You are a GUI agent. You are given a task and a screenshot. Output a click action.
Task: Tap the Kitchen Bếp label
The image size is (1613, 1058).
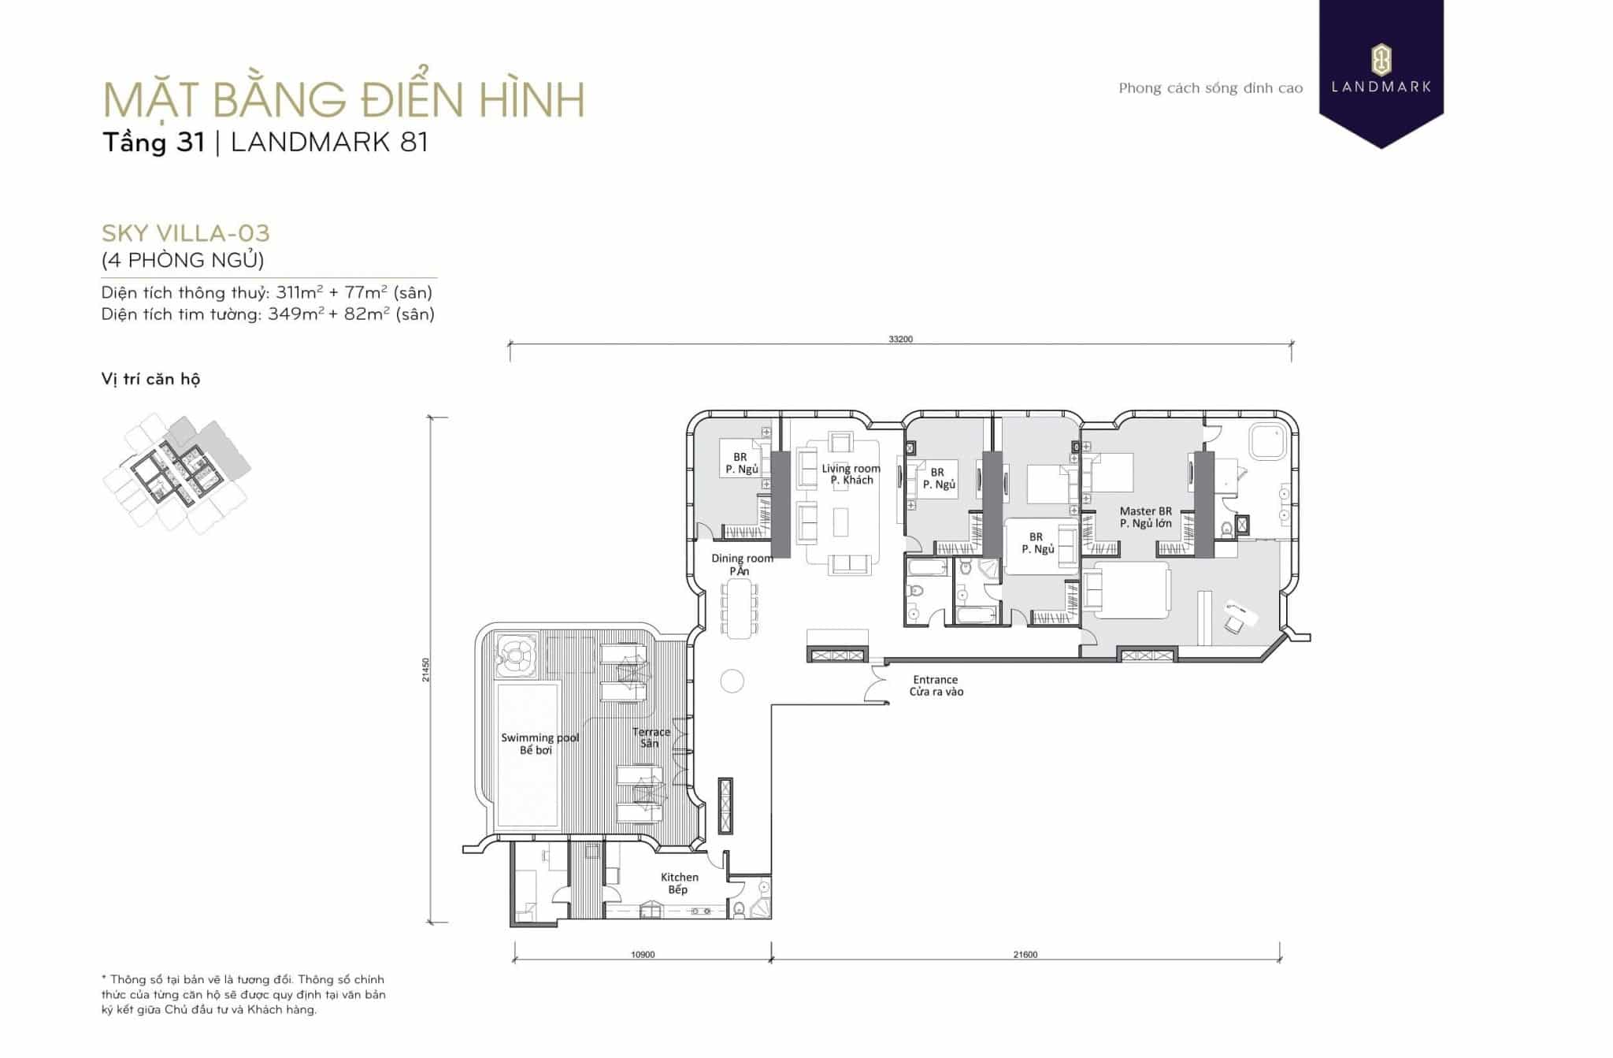[679, 883]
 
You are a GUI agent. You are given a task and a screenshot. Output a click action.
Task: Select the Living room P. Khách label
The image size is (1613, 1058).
[851, 474]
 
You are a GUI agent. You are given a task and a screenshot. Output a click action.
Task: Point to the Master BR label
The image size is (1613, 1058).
[1146, 511]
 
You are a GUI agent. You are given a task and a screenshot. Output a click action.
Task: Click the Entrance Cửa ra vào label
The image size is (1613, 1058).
[936, 685]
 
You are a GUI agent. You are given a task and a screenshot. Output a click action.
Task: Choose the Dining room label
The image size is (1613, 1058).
[742, 558]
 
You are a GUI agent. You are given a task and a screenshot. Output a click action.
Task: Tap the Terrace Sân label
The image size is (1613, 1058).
[651, 737]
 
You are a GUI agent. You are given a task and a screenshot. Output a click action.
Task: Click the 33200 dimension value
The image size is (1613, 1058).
[900, 340]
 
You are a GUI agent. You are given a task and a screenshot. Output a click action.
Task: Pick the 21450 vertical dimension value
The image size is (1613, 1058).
[426, 670]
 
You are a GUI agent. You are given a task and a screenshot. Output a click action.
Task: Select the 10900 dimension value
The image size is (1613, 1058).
[643, 955]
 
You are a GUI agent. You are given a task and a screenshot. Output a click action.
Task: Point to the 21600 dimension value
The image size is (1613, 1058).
[1025, 955]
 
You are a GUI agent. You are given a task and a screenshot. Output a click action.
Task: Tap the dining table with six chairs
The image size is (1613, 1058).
[739, 608]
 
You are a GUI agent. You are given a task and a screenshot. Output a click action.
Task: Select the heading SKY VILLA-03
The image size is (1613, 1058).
[186, 233]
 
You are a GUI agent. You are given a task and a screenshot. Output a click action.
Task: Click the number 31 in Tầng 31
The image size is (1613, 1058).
[191, 143]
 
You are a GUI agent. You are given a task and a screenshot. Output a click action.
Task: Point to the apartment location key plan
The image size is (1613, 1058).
[177, 473]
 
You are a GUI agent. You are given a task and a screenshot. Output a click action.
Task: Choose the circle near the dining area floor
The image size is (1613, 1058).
[732, 681]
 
